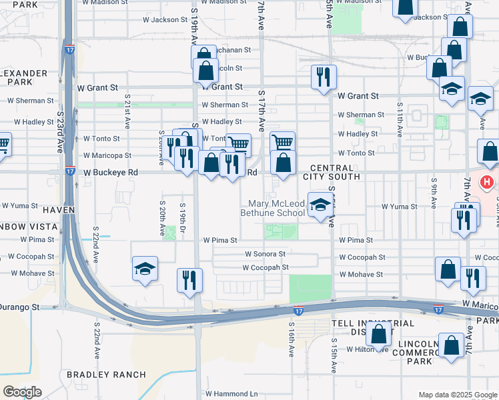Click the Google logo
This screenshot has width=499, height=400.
pyautogui.click(x=22, y=391)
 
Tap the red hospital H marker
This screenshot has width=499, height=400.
pyautogui.click(x=488, y=181)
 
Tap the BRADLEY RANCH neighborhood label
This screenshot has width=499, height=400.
pyautogui.click(x=106, y=375)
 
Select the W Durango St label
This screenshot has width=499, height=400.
pyautogui.click(x=20, y=308)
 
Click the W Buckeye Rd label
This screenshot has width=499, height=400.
pyautogui.click(x=110, y=173)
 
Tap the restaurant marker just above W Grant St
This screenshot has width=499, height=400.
pyautogui.click(x=324, y=77)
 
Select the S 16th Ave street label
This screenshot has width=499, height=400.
pyautogui.click(x=292, y=339)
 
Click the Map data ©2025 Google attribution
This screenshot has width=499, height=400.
pyautogui.click(x=457, y=394)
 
